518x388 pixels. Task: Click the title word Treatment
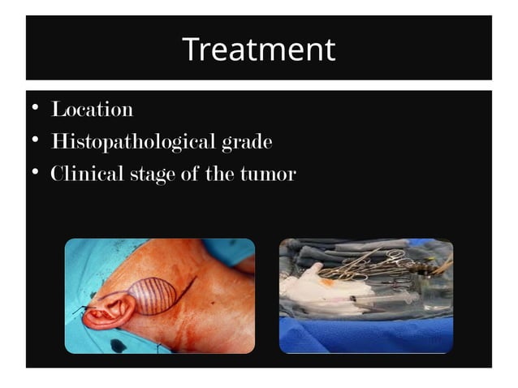(x=258, y=50)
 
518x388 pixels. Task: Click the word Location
(x=92, y=109)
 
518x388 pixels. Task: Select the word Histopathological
(x=133, y=142)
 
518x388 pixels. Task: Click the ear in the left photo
(x=106, y=308)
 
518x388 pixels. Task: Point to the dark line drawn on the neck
(x=188, y=287)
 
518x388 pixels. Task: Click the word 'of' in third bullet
(x=192, y=175)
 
